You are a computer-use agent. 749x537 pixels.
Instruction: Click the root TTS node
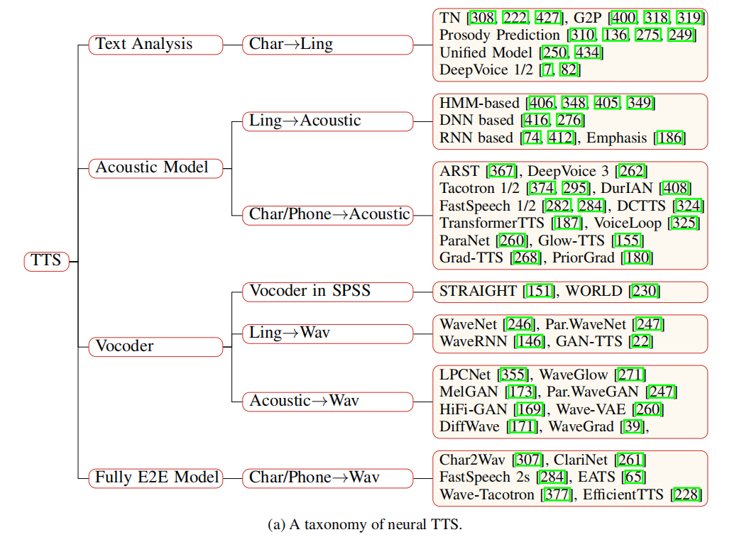pos(46,261)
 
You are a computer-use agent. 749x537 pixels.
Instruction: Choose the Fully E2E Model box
pos(155,477)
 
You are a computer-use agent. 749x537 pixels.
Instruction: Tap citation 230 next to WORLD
pos(647,291)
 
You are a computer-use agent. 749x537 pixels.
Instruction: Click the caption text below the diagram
pos(365,525)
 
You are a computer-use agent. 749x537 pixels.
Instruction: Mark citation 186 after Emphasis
pos(670,138)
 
